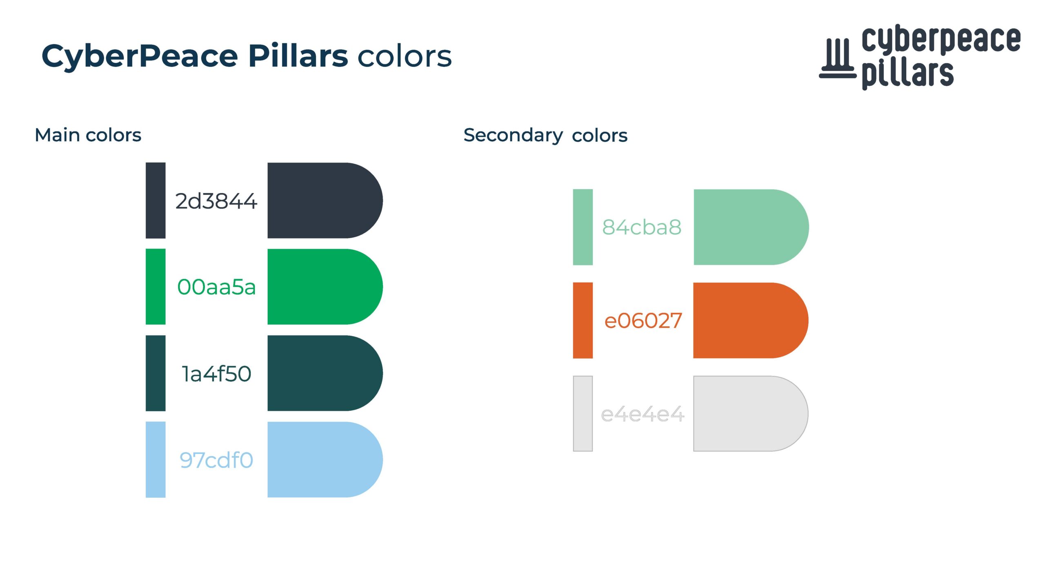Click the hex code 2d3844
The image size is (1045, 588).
[x=216, y=201]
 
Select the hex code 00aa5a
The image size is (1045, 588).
[x=216, y=287]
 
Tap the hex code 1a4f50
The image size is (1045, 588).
[x=216, y=374]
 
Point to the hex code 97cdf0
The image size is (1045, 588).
[x=216, y=460]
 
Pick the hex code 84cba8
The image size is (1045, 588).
[x=642, y=227]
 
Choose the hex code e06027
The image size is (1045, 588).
[x=643, y=321]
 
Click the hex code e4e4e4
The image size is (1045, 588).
[x=643, y=414]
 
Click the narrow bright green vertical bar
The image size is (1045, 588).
[x=156, y=287]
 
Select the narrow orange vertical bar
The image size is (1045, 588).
[x=583, y=321]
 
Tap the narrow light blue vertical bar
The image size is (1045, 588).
[x=156, y=459]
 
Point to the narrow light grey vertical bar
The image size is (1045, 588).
[x=583, y=414]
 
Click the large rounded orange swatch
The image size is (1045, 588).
[x=751, y=321]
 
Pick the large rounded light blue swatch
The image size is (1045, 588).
[x=325, y=459]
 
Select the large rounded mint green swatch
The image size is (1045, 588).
[x=751, y=227]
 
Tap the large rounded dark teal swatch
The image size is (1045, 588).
[x=325, y=373]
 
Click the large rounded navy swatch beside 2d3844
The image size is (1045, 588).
[x=325, y=200]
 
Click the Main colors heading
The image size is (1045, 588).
[x=88, y=135]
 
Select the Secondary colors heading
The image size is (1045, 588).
[x=545, y=136]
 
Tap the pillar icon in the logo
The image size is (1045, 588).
[x=838, y=58]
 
